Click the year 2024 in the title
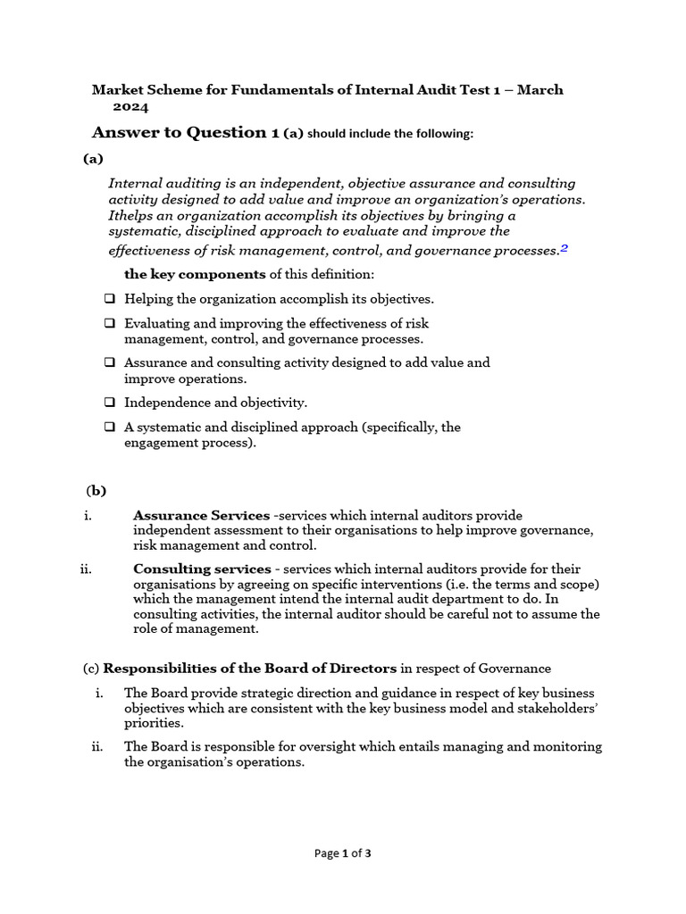(130, 106)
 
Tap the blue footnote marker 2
(565, 249)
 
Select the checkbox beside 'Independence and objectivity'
(109, 403)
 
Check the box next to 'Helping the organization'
(109, 299)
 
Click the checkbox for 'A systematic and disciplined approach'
(109, 428)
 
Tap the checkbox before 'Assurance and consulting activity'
(109, 363)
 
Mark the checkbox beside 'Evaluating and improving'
(109, 324)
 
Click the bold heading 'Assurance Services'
(201, 516)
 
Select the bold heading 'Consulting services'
(202, 569)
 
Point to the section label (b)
(96, 490)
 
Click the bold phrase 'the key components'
(195, 273)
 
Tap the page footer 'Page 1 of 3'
(343, 853)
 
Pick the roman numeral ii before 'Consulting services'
(86, 569)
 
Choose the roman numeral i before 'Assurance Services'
(88, 516)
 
